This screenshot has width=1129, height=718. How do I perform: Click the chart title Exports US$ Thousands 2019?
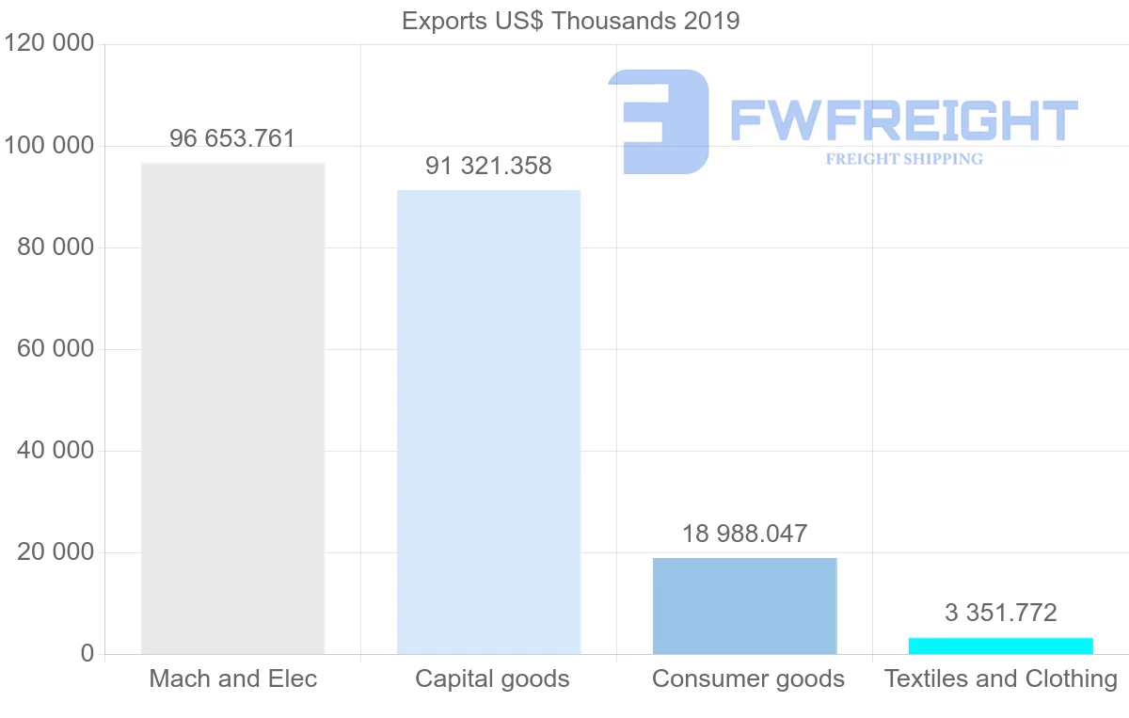[570, 21]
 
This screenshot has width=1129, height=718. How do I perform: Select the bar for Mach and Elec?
[232, 408]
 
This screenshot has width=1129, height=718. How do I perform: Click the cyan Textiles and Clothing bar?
[1000, 646]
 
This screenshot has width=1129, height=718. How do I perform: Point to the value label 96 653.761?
[232, 139]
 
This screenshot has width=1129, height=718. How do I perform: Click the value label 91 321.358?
[488, 167]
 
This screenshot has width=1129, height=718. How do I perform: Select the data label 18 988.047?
[744, 535]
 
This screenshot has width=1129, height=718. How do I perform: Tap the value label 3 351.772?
[1000, 614]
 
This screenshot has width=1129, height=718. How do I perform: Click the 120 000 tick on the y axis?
[49, 43]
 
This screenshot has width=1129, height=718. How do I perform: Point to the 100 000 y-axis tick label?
[49, 146]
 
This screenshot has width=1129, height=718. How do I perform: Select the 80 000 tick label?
[56, 247]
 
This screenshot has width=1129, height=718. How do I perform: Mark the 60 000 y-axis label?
[56, 349]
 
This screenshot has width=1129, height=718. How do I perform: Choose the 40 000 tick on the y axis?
[56, 451]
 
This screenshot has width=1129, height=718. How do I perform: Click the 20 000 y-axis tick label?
[56, 552]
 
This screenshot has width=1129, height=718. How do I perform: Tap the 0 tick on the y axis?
[87, 654]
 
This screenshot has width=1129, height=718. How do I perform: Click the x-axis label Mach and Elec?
[232, 678]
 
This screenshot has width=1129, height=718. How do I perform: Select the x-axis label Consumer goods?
[748, 678]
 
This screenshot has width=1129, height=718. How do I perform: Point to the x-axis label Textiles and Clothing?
[1001, 678]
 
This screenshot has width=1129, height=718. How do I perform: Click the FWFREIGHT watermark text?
[903, 121]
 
